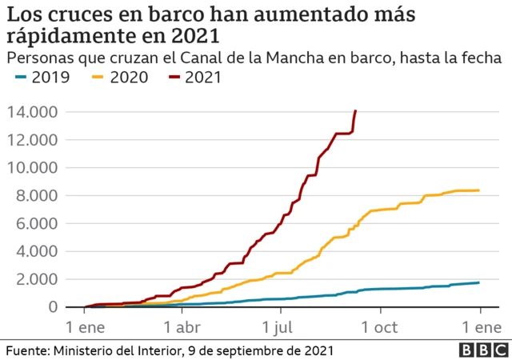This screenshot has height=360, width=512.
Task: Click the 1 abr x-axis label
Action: (182, 326)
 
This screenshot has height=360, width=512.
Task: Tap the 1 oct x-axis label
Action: (381, 326)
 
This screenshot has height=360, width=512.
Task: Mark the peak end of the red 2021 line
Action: (355, 111)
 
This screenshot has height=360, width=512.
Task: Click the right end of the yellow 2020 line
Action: (478, 190)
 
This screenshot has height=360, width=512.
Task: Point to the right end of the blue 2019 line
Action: (478, 282)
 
